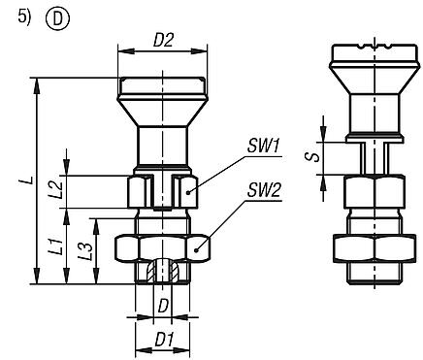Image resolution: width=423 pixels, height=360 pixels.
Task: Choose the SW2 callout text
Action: click(x=263, y=191)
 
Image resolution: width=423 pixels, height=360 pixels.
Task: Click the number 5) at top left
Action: click(x=16, y=17)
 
